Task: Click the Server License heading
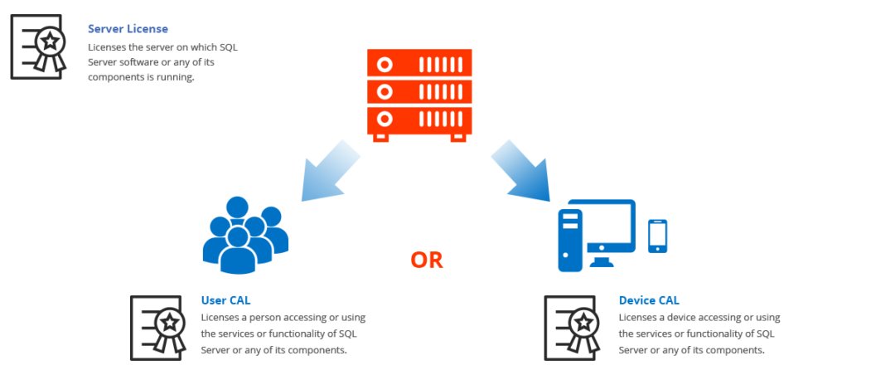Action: [x=128, y=29]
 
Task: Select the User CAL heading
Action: [x=225, y=300]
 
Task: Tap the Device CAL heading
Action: [x=649, y=300]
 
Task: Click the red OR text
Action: [x=427, y=260]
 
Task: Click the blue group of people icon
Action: [x=244, y=236]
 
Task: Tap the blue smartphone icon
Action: [x=657, y=236]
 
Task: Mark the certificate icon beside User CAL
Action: [x=158, y=328]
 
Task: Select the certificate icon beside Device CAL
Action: [x=573, y=328]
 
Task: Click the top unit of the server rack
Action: [x=419, y=63]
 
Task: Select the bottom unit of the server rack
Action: [x=419, y=120]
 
